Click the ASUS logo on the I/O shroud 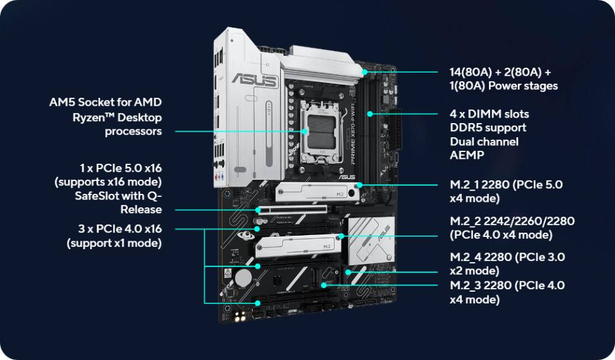point(255,80)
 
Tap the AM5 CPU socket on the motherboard point(321,132)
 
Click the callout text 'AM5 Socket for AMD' point(106,102)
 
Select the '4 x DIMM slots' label point(489,114)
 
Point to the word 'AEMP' point(467,155)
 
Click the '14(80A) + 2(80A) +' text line point(500,72)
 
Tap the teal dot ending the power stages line point(365,72)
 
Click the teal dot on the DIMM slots point(370,114)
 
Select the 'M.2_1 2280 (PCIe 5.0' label point(506,185)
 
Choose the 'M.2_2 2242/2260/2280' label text point(512,221)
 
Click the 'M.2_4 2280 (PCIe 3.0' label point(507,257)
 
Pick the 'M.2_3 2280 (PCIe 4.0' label point(507,286)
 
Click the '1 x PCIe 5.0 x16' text point(121,168)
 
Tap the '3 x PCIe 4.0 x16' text point(120,228)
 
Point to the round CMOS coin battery point(243,278)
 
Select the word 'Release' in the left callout point(141,210)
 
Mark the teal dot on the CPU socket point(305,132)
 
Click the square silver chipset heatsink point(371,240)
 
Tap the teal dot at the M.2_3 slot point(323,285)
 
